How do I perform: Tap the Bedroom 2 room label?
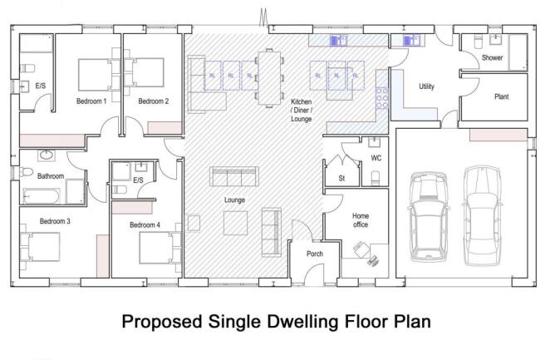(154, 101)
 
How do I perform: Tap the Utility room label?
(427, 86)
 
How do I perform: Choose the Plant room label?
(501, 97)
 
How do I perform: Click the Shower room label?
(492, 58)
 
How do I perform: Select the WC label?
(376, 157)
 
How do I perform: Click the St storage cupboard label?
(340, 178)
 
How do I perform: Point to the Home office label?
(361, 220)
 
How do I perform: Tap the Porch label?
(315, 254)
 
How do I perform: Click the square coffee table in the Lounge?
(235, 222)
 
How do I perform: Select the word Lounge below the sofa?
(234, 200)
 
